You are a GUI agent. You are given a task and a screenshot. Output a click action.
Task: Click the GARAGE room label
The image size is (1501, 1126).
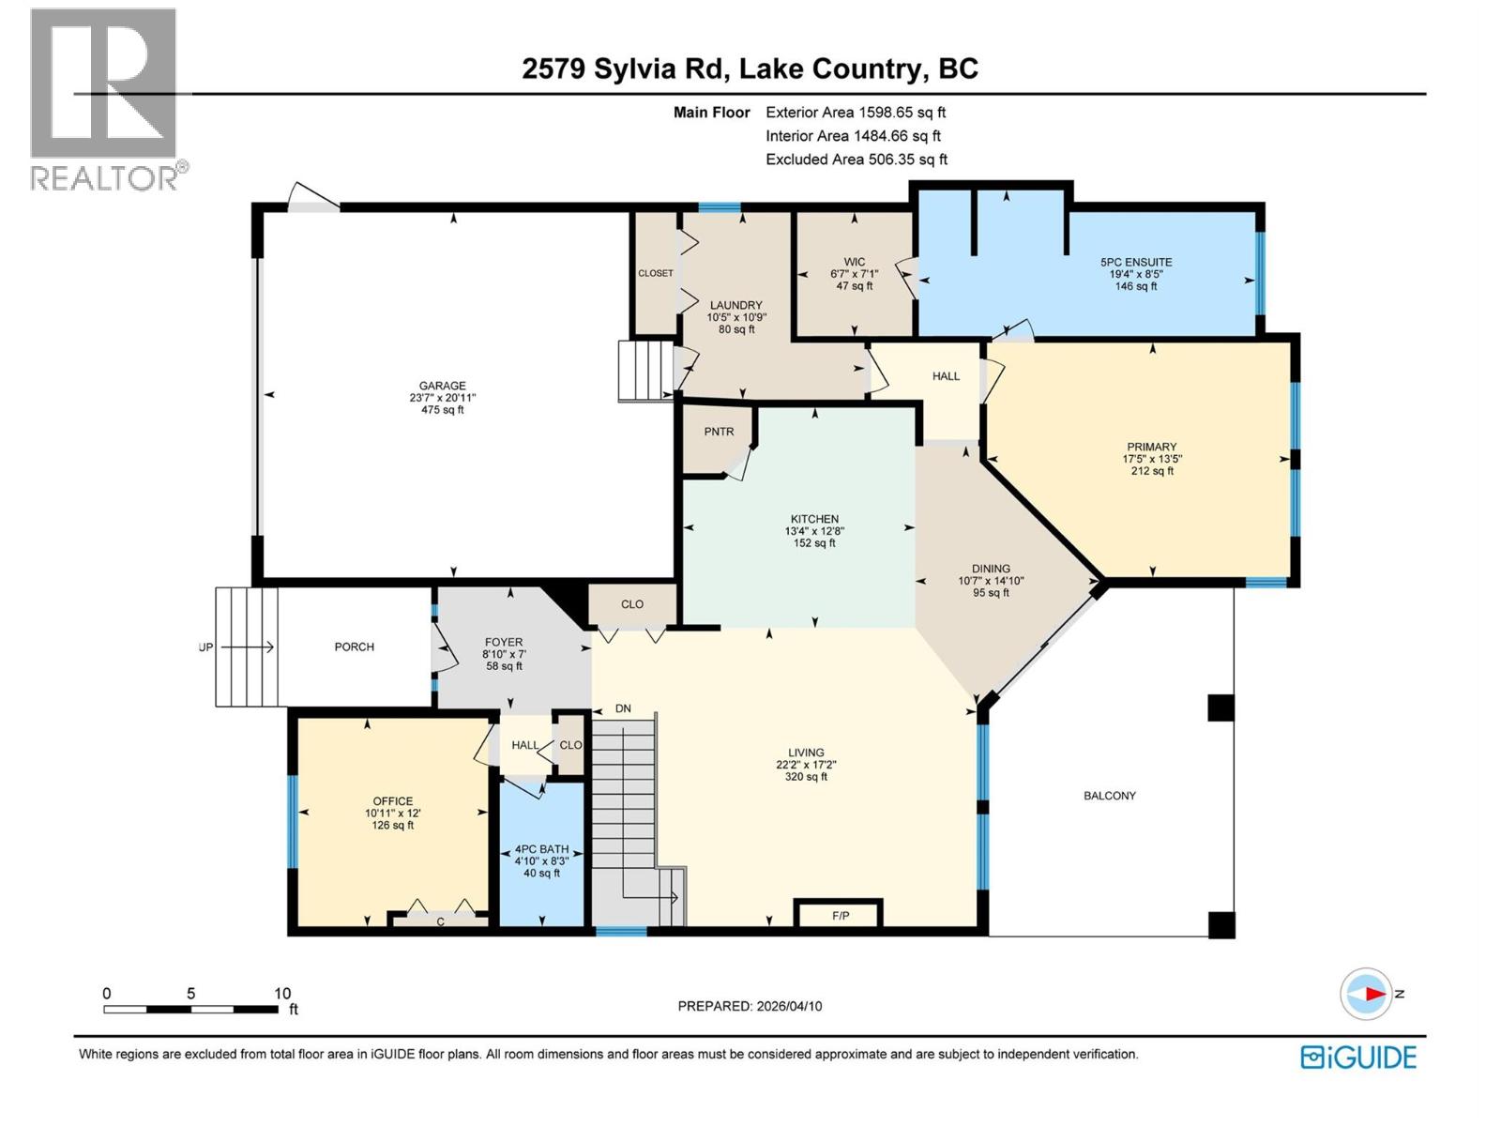442,386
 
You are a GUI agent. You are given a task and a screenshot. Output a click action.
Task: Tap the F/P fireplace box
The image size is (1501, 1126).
841,915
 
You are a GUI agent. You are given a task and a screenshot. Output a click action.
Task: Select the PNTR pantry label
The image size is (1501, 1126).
719,432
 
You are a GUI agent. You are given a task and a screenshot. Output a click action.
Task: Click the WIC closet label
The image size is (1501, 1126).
854,262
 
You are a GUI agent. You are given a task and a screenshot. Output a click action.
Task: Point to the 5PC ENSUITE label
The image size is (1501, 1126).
1136,262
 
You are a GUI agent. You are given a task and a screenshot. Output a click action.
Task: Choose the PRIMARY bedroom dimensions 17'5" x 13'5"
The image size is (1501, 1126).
1152,460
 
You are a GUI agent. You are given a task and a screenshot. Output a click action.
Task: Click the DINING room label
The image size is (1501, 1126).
991,569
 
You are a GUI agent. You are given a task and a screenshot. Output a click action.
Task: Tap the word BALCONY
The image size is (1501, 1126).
1109,796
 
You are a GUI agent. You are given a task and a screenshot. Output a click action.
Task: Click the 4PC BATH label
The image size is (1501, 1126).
541,849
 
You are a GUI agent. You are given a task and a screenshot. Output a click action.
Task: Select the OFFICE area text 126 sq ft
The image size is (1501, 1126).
392,826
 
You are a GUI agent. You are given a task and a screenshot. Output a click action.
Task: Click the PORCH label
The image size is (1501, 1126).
354,647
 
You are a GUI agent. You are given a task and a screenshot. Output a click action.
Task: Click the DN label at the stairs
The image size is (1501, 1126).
623,708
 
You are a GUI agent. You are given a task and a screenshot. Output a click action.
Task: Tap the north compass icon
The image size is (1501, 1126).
1366,994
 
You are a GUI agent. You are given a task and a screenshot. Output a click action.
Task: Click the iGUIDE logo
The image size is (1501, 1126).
1358,1058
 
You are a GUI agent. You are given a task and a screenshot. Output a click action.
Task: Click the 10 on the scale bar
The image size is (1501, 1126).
281,994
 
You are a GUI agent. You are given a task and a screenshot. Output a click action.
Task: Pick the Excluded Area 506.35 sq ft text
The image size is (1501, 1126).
856,160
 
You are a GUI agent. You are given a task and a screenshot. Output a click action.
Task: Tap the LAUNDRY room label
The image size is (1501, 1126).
735,305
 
